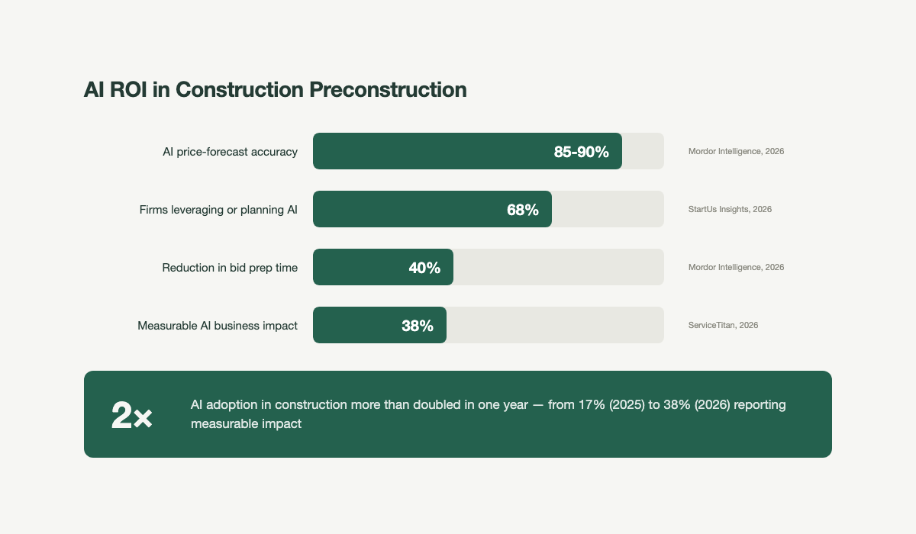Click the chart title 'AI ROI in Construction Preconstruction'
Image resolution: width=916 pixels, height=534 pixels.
275,89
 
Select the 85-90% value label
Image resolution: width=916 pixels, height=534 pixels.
581,152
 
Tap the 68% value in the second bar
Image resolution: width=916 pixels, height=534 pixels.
523,210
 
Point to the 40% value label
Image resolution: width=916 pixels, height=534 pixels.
424,268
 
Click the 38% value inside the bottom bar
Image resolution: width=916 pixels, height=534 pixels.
418,326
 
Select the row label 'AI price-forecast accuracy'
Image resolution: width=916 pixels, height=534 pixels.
230,152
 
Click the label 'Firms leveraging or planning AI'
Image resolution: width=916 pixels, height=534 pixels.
218,210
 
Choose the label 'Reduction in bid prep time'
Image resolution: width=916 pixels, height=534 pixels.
230,268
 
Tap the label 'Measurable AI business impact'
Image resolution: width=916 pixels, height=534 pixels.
218,326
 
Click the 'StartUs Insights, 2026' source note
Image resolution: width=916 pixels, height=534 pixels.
730,209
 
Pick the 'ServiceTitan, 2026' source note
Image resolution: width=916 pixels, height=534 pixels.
723,325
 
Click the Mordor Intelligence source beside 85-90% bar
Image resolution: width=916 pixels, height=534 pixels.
736,151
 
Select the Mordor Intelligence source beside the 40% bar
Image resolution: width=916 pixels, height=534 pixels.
736,267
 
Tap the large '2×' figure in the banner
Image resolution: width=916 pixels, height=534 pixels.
131,416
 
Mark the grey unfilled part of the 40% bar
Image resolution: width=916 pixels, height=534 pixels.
557,268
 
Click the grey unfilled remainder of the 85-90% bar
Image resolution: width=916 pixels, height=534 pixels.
643,152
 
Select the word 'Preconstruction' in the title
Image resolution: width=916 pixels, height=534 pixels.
388,89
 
